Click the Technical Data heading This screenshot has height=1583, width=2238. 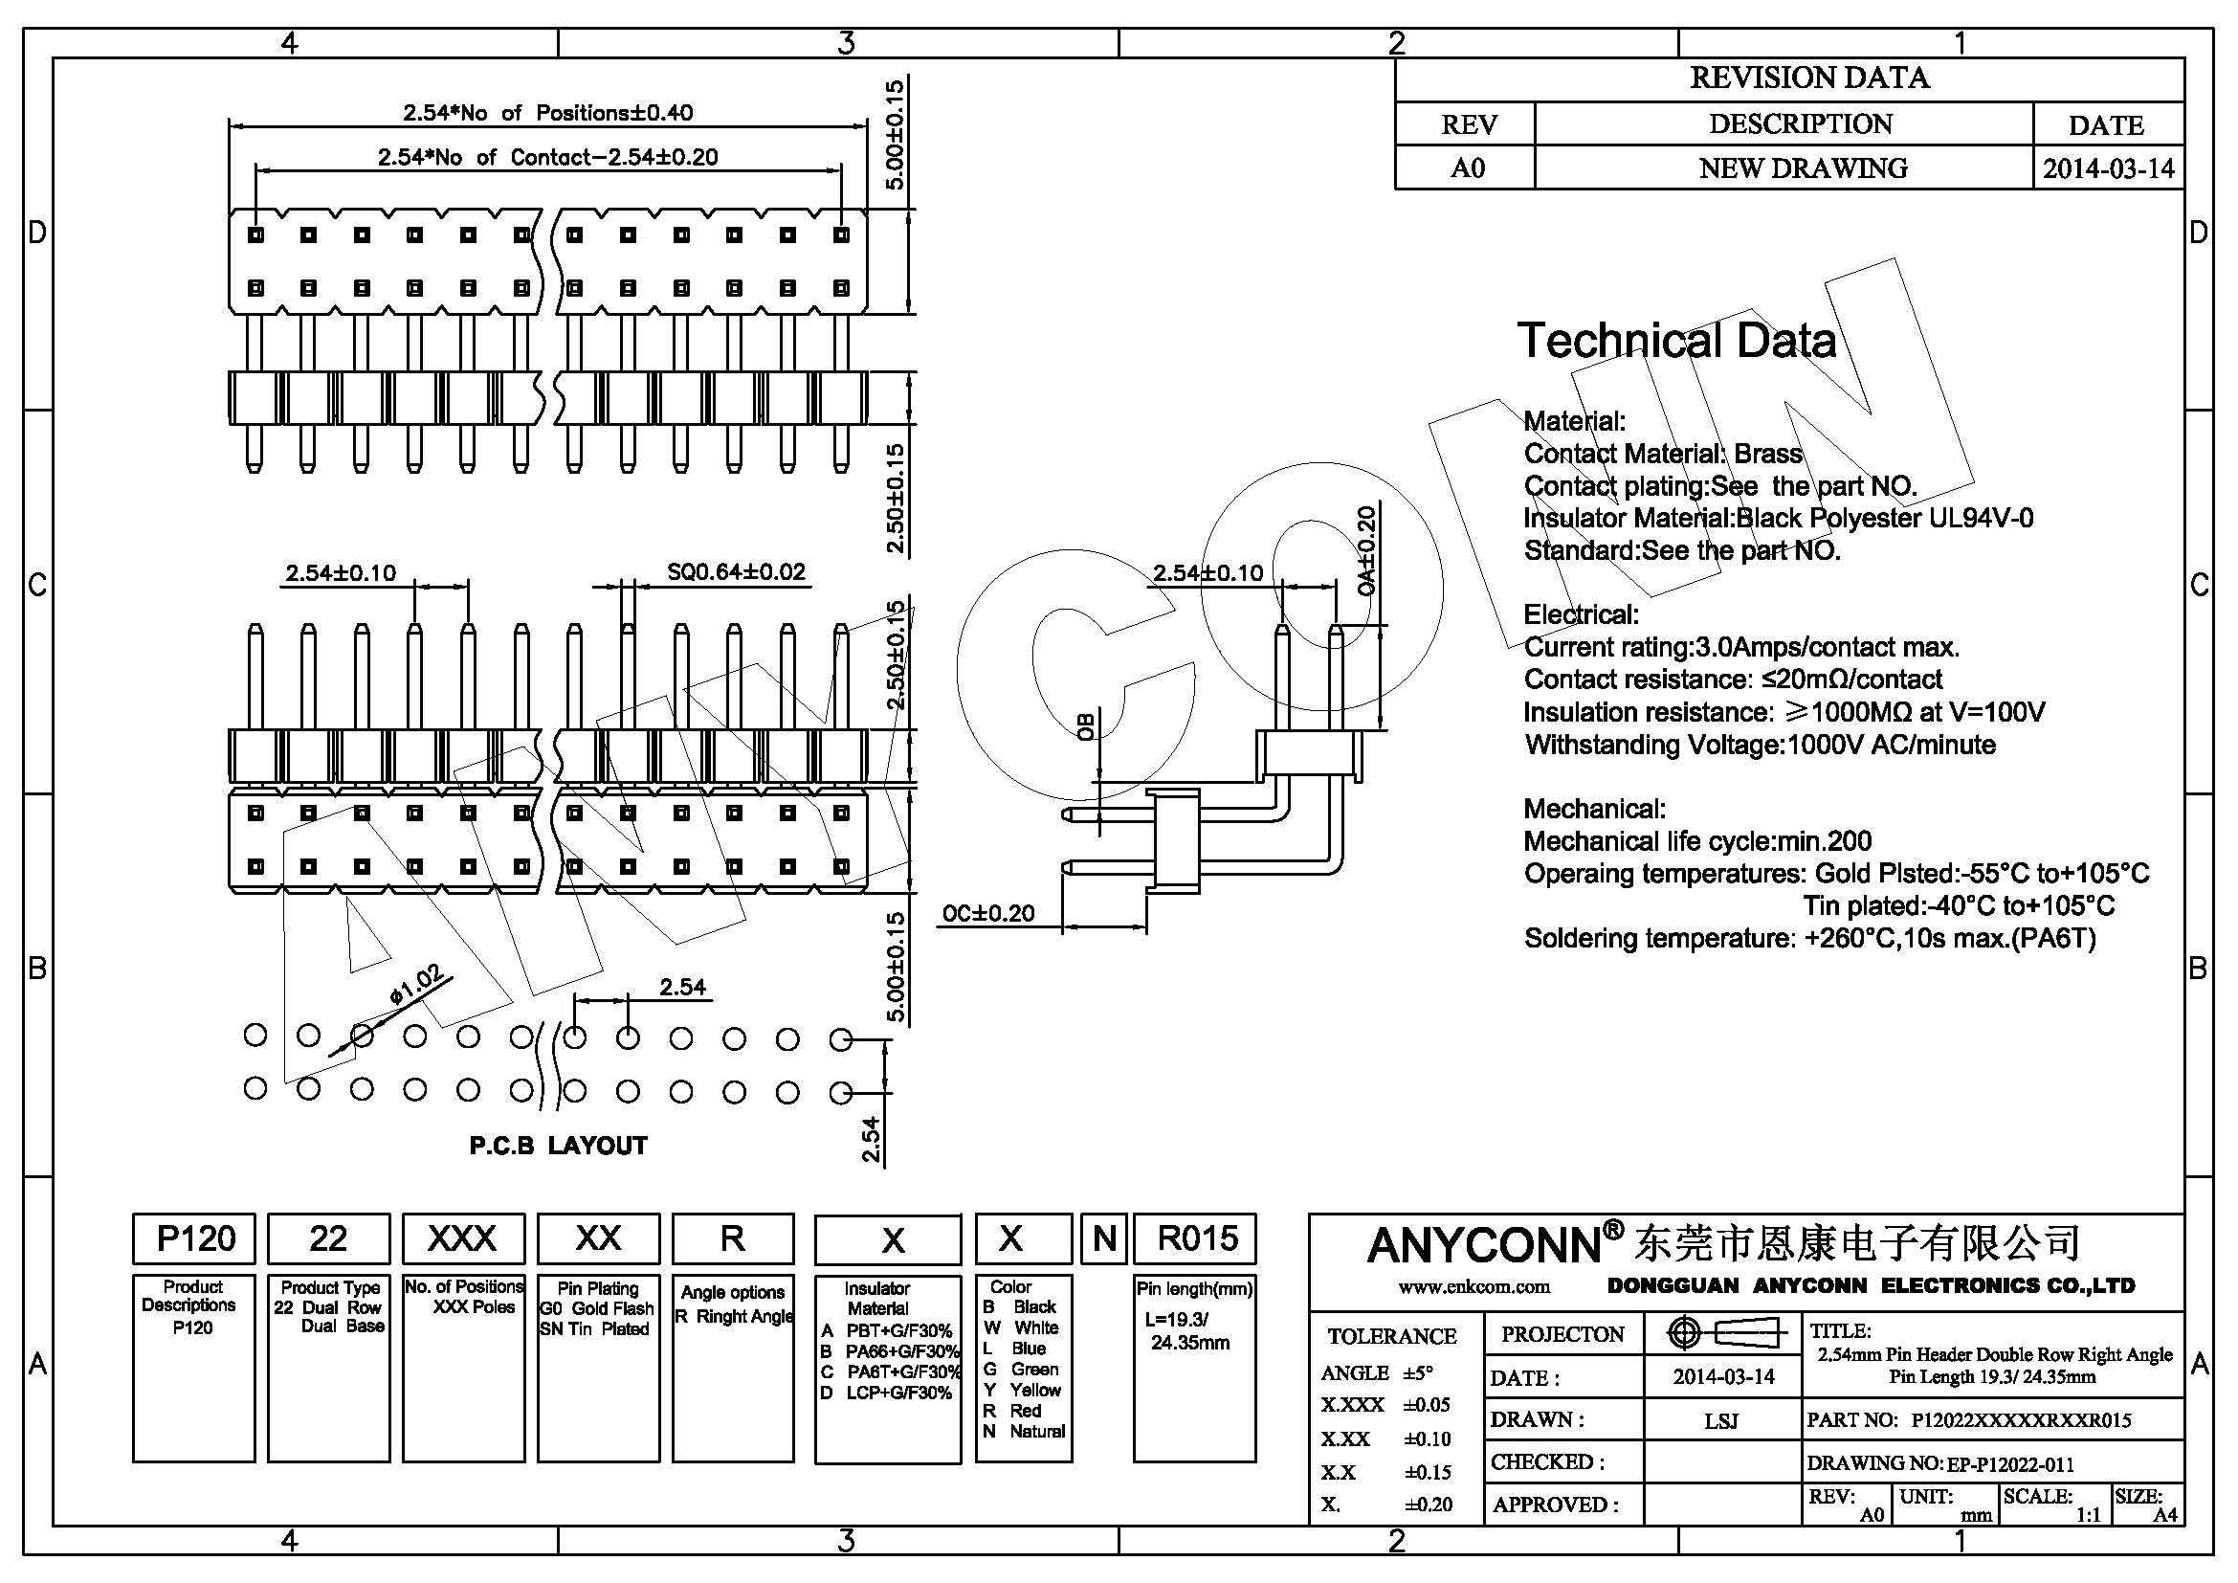1676,340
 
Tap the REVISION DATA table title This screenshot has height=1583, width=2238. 1809,78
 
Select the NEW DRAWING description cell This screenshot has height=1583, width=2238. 1804,167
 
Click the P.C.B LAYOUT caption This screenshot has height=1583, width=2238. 559,1146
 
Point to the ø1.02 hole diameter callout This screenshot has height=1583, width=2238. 417,984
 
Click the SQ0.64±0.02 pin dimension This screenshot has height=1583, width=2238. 736,572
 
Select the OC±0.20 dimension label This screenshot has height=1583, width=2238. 987,913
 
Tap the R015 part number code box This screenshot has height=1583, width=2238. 1196,1237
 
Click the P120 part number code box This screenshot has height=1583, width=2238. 195,1237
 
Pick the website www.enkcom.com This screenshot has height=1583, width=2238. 1474,1286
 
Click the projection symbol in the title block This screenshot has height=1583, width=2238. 1722,1332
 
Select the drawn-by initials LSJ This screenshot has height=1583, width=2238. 1721,1421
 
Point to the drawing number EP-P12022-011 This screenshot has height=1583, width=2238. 2010,1464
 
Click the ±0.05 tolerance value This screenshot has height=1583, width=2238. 1427,1405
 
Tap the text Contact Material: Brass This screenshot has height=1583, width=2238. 1663,454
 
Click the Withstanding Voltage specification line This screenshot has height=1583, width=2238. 1761,745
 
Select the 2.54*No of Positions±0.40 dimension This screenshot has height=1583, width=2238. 548,113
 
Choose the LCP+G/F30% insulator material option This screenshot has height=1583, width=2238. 898,1393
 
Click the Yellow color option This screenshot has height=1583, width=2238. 1034,1390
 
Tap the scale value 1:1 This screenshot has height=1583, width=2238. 2088,1515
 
